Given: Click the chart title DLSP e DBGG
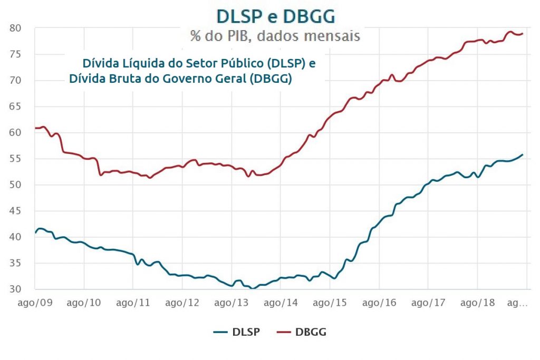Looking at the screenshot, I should [276, 16].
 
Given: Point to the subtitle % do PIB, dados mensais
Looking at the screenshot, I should [275, 36].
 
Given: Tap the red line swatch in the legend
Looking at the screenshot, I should [285, 332].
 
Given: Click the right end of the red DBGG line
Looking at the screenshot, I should [522, 34].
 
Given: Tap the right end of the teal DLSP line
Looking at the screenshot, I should [522, 154].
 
